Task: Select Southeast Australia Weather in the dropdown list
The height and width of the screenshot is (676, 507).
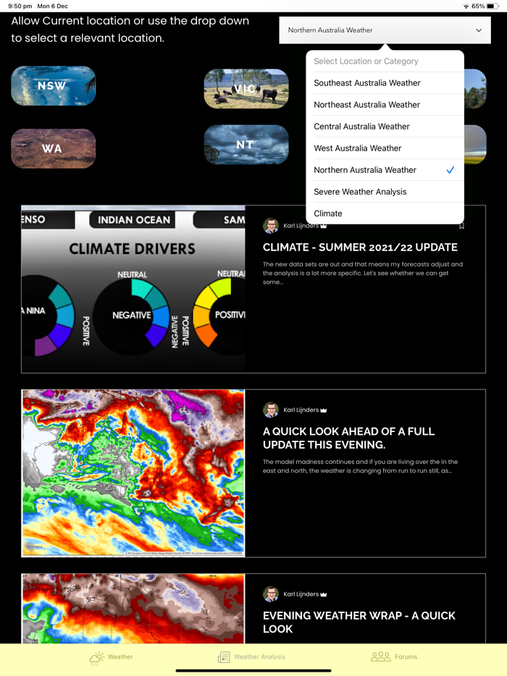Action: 366,83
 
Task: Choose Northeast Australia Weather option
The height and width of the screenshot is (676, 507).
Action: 366,105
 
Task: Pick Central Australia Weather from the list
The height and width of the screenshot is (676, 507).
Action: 361,127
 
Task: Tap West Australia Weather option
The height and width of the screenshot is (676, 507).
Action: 357,148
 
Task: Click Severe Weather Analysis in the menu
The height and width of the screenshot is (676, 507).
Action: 360,192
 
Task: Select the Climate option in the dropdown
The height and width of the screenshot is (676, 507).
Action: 328,214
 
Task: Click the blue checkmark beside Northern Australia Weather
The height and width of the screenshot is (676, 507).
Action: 451,170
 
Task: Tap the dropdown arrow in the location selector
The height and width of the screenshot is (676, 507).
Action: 479,30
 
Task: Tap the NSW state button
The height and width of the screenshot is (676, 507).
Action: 53,86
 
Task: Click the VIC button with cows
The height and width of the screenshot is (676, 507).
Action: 246,89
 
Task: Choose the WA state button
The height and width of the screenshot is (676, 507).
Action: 53,149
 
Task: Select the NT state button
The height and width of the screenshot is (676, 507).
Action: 246,145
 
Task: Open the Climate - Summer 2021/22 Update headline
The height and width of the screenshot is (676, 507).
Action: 360,248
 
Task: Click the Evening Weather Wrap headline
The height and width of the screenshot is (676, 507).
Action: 359,622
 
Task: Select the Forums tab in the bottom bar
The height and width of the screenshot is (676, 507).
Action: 394,657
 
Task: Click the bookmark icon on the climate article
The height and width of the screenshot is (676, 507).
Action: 462,226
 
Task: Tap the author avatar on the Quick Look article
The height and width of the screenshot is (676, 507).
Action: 271,410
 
